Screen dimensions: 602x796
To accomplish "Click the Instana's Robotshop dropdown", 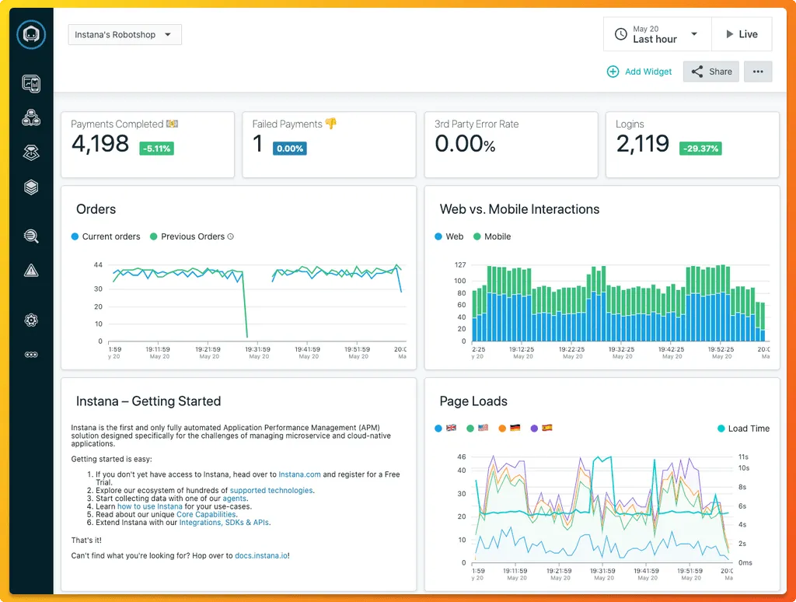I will point(124,35).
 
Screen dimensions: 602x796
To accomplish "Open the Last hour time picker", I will point(657,34).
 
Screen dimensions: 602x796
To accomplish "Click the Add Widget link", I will point(639,72).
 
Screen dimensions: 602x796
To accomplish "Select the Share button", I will point(710,72).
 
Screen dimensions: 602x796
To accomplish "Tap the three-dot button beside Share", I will point(758,72).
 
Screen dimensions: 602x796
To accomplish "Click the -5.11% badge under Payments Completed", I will point(156,149).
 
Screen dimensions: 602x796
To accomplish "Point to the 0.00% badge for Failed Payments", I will point(289,149).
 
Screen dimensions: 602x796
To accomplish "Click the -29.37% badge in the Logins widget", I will point(700,149).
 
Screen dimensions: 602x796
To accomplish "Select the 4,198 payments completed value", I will point(100,144).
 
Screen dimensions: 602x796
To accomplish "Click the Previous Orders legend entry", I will point(192,236).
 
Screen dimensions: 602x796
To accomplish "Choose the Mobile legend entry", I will point(497,236).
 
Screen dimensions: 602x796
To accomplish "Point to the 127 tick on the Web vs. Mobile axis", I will point(459,265).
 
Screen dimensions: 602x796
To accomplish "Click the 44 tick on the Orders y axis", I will point(98,265).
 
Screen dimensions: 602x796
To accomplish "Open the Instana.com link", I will point(299,474).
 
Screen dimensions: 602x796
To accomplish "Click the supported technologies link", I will point(271,491).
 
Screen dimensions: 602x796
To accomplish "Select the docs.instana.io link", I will point(261,555).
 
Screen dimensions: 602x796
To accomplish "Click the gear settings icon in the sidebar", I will point(31,320).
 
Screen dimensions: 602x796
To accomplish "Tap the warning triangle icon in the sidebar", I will point(31,271).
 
